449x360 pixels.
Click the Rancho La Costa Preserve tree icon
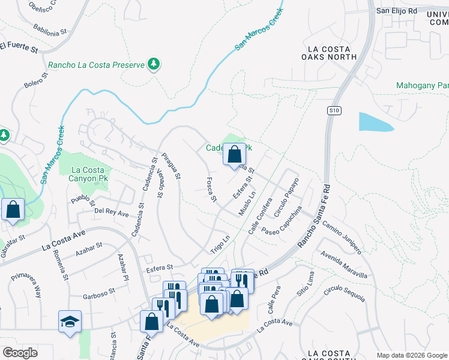tap(154, 64)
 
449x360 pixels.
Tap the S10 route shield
tap(334, 110)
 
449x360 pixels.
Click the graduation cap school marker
tap(70, 322)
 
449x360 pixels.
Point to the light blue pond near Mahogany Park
tap(375, 122)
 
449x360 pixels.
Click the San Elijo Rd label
tap(396, 11)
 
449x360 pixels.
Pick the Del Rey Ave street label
tap(111, 214)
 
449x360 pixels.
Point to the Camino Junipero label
tap(342, 236)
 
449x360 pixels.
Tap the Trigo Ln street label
tap(220, 242)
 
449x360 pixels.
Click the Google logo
tap(20, 353)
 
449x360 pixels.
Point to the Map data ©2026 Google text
tap(411, 355)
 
